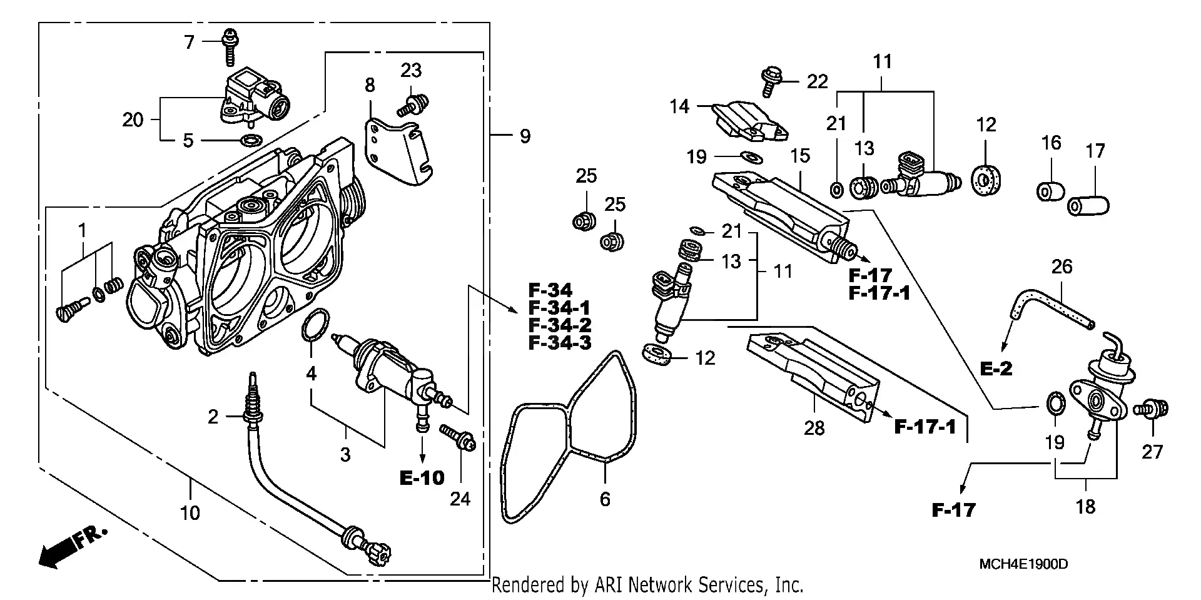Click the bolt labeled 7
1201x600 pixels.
click(x=229, y=46)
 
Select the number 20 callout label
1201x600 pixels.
click(x=133, y=119)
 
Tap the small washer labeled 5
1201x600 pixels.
click(x=251, y=140)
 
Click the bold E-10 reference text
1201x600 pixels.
click(x=422, y=479)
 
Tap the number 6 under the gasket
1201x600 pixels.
click(x=605, y=499)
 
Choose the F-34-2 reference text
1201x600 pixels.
click(x=560, y=325)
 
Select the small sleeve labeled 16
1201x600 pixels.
click(x=1052, y=191)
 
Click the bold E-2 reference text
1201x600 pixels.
click(x=996, y=369)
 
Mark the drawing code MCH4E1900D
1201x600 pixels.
click(x=1023, y=564)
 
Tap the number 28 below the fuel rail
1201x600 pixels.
click(x=814, y=429)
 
